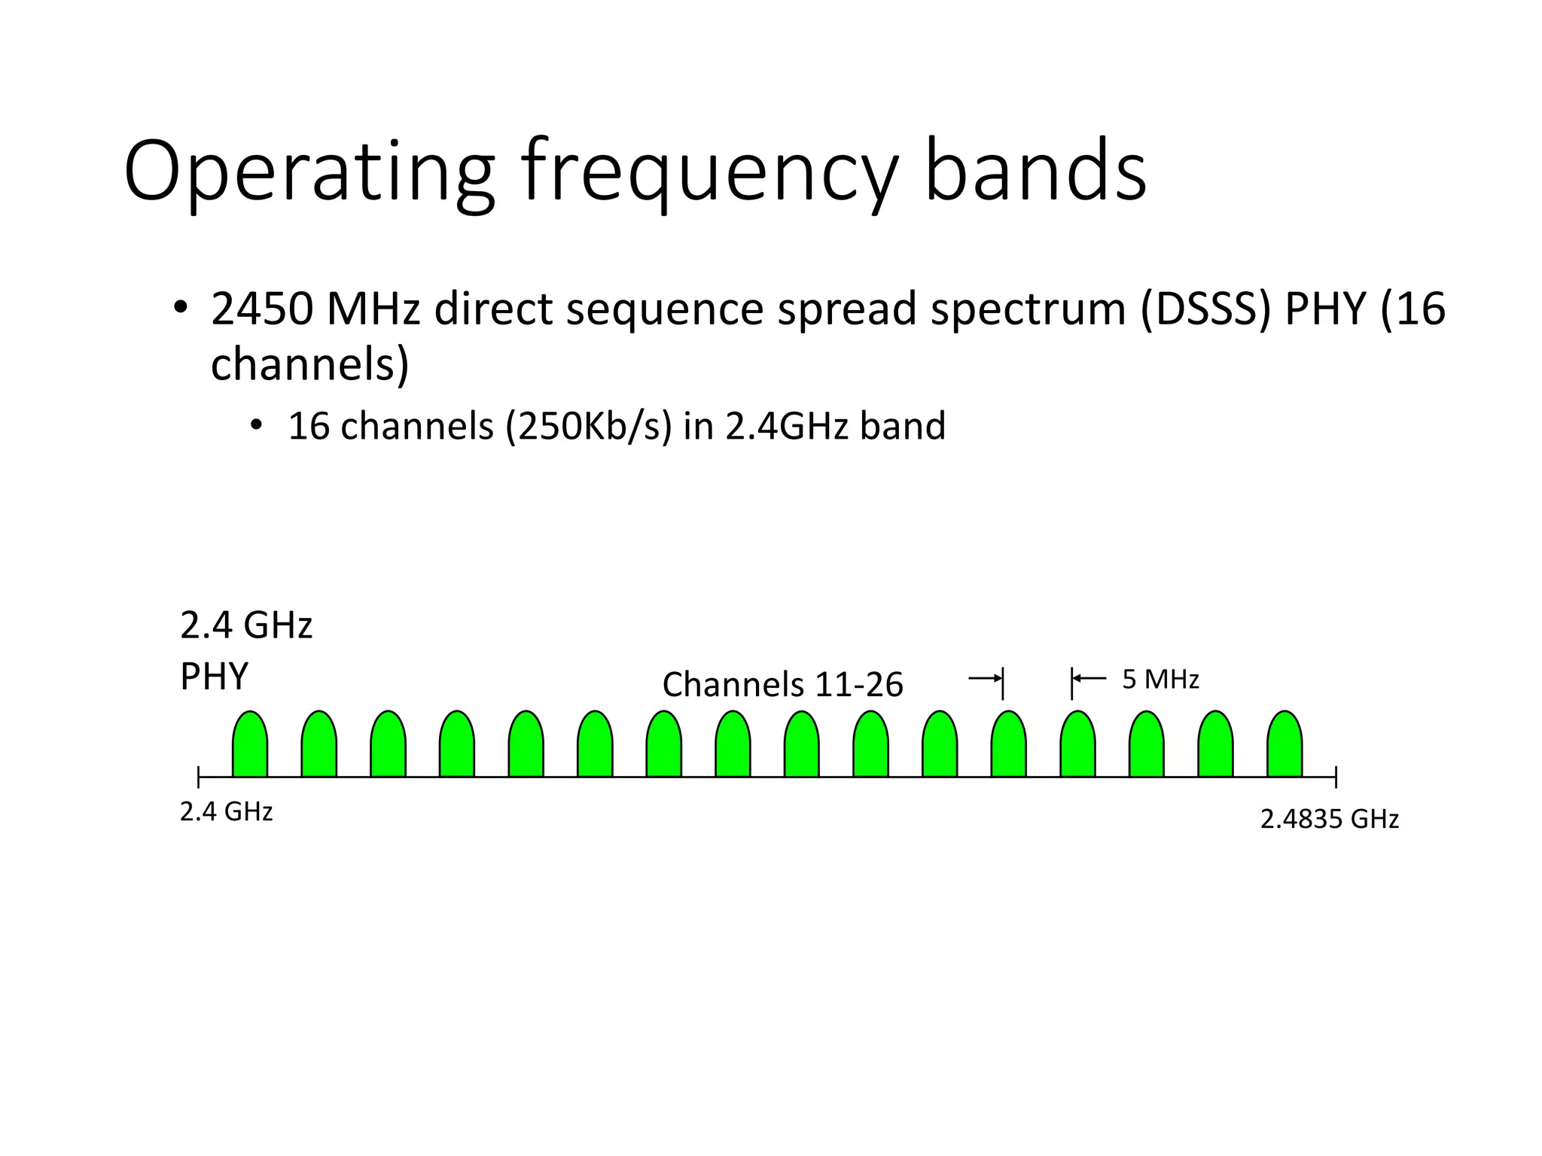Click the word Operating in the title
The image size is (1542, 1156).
coord(309,172)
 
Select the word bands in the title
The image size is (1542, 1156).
coord(1035,172)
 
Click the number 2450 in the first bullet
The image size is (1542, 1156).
coord(262,309)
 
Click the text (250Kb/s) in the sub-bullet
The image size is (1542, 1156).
coord(588,426)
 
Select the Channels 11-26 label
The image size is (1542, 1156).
coord(782,685)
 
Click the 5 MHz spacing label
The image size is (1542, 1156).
coord(1160,680)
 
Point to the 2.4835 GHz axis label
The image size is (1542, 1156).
coord(1329,819)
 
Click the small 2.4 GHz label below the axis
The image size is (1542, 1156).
coord(226,812)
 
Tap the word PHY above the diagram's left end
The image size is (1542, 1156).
coord(215,677)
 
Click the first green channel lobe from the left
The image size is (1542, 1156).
coord(250,745)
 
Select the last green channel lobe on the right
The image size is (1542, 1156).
coord(1284,745)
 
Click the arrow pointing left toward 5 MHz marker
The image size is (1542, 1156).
coord(1089,679)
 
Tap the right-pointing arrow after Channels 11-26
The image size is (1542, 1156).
coord(985,679)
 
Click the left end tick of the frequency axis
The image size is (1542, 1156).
coord(199,777)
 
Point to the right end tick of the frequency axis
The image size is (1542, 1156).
coord(1336,777)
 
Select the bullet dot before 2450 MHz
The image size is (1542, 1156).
coord(179,307)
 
